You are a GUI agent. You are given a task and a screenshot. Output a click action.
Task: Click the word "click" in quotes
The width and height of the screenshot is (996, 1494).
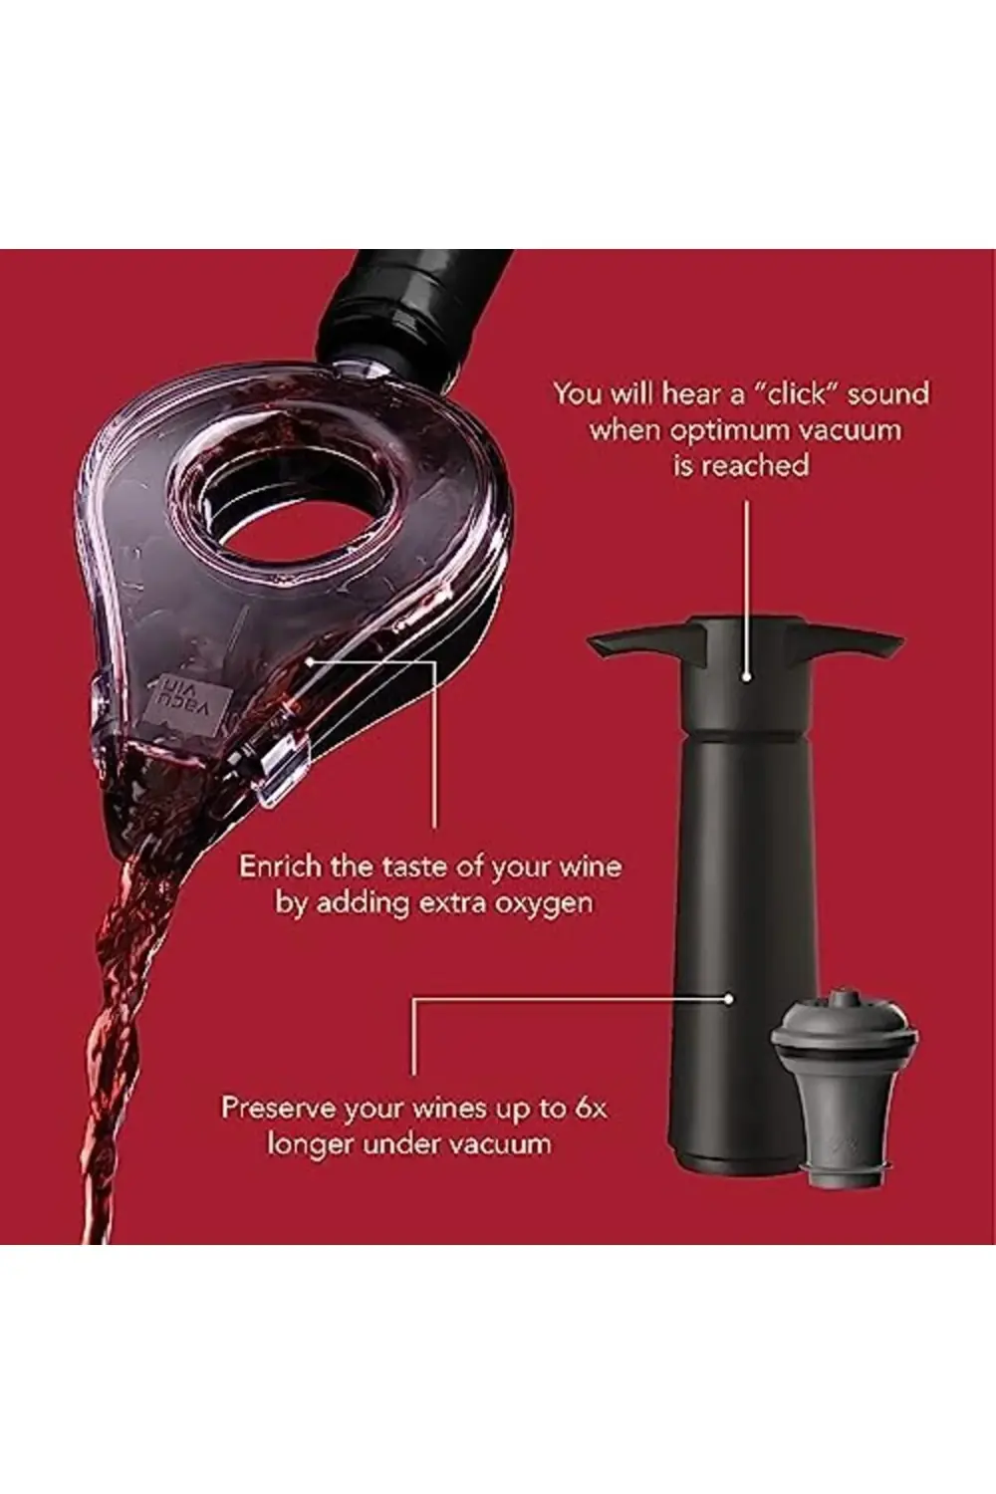coord(795,394)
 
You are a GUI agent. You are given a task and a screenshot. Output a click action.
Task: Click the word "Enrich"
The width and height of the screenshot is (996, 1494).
coord(278,867)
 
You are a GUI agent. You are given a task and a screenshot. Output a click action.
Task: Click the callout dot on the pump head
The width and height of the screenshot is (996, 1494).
coord(747,677)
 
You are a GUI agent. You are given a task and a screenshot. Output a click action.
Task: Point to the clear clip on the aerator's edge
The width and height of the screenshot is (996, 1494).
coord(280,768)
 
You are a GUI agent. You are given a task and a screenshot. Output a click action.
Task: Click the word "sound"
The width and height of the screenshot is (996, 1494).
coord(887,394)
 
